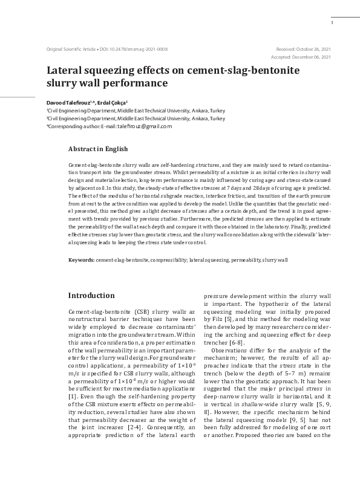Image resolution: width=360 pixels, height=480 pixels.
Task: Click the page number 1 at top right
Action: [332, 23]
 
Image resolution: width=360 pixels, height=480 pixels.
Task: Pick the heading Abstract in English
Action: [98, 148]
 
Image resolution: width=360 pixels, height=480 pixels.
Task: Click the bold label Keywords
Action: [81, 259]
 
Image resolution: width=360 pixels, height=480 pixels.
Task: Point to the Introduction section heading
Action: [91, 296]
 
